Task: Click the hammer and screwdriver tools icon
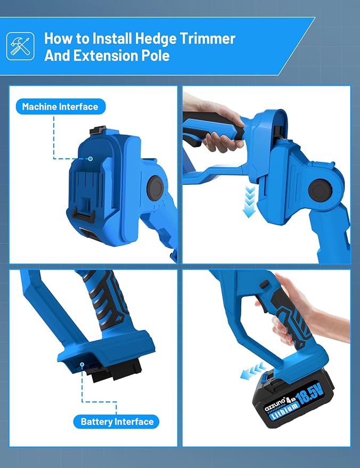[20, 46]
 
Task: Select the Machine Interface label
[61, 106]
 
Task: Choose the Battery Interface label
[117, 422]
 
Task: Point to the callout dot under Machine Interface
[90, 159]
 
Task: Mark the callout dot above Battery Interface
[82, 364]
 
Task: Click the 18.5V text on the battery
[310, 394]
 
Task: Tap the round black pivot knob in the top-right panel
[319, 189]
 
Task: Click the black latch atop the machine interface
[98, 130]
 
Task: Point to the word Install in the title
[112, 38]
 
